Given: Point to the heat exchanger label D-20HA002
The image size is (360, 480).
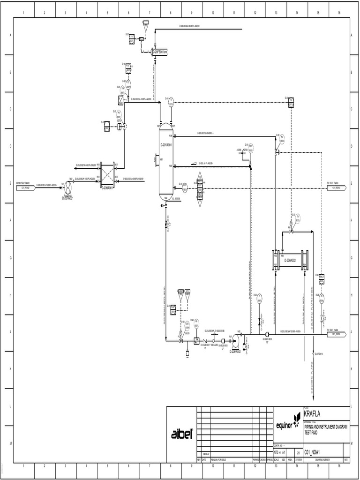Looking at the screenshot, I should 290,261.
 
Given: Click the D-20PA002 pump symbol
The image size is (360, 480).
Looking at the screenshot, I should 234,341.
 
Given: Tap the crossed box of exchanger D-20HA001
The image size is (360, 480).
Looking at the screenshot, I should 107,177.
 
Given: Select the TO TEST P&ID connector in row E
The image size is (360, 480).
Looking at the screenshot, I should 337,187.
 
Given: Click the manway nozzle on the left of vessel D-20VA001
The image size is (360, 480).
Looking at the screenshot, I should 156,160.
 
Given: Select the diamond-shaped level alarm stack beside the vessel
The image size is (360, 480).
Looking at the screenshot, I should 200,189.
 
